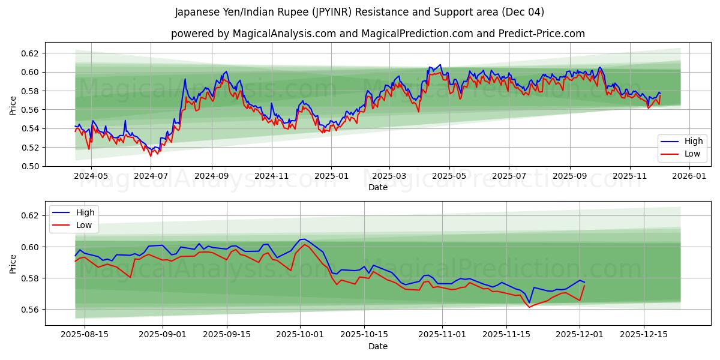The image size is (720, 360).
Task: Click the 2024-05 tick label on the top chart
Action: tap(91, 176)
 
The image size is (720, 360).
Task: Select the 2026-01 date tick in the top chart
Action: tap(689, 176)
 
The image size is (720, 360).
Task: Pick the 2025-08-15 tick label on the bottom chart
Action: tap(84, 335)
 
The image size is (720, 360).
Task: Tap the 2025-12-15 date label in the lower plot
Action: tap(644, 335)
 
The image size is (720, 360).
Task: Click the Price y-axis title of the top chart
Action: tap(13, 104)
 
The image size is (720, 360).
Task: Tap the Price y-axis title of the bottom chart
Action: tap(13, 263)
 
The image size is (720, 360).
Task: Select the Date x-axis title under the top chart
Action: tap(378, 187)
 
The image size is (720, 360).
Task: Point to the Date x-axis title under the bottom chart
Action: tap(378, 346)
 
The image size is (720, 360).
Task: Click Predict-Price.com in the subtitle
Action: tap(542, 34)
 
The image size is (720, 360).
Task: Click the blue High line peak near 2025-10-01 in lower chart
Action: tap(302, 239)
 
